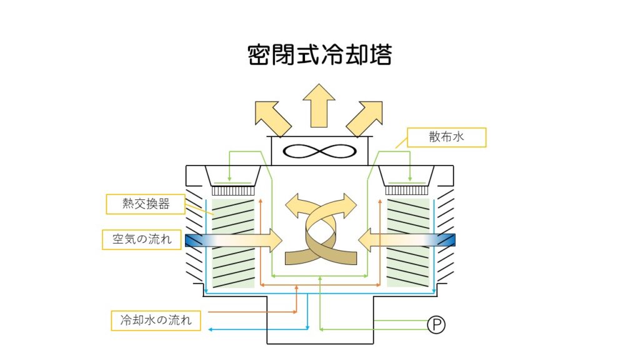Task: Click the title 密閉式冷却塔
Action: click(x=319, y=55)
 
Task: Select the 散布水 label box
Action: click(x=446, y=137)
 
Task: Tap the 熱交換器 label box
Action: click(x=146, y=204)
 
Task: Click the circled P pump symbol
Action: click(x=436, y=324)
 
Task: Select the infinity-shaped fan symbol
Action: click(x=319, y=152)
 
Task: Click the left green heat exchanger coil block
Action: click(x=233, y=243)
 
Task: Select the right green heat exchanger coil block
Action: click(x=408, y=243)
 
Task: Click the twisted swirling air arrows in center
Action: click(x=320, y=229)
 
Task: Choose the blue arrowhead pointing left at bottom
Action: click(x=212, y=329)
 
